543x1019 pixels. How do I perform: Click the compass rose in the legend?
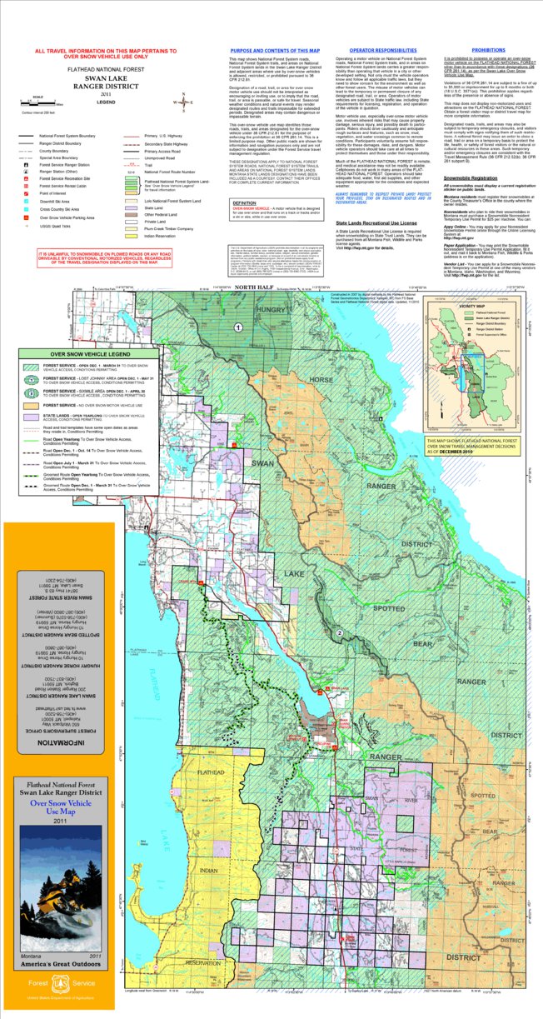pyautogui.click(x=177, y=104)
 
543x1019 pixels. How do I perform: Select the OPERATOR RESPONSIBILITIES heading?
pyautogui.click(x=371, y=50)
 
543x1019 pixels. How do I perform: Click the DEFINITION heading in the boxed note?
pyautogui.click(x=222, y=202)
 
